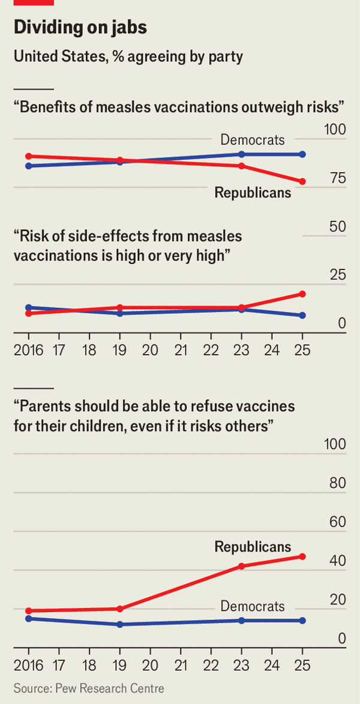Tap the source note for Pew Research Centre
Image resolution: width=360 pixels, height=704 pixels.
pyautogui.click(x=88, y=687)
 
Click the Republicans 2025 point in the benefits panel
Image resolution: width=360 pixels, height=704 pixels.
pyautogui.click(x=302, y=181)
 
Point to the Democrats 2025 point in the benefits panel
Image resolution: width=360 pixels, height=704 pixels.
pyautogui.click(x=302, y=154)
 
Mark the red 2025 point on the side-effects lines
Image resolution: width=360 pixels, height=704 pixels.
pyautogui.click(x=302, y=294)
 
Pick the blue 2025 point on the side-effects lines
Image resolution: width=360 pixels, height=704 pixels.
pyautogui.click(x=302, y=315)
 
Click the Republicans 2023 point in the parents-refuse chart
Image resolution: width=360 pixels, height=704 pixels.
pyautogui.click(x=241, y=566)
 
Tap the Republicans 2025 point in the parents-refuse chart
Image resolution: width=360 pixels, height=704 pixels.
pyautogui.click(x=302, y=556)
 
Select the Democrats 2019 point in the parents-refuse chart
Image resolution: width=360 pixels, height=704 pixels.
pyautogui.click(x=119, y=624)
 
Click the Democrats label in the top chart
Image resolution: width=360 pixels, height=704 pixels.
pyautogui.click(x=253, y=140)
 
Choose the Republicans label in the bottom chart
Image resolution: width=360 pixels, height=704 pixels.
pyautogui.click(x=253, y=547)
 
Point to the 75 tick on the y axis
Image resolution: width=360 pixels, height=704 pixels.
pyautogui.click(x=334, y=178)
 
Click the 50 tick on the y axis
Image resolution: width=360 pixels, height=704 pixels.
pyautogui.click(x=334, y=227)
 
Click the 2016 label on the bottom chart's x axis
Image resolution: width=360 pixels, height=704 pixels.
pyautogui.click(x=28, y=666)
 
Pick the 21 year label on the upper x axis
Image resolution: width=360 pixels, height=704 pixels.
pyautogui.click(x=181, y=350)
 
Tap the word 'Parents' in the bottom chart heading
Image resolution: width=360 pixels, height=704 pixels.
pyautogui.click(x=44, y=406)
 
